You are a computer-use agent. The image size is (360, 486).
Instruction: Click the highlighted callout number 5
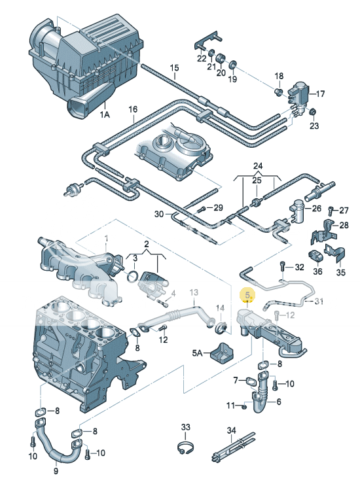point(248,295)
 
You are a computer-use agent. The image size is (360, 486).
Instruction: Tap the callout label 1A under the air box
point(105,114)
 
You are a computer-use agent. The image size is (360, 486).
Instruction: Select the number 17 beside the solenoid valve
point(320,94)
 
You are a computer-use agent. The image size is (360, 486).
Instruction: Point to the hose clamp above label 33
point(185,448)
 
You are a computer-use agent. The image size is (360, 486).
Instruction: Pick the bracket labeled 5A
point(223,352)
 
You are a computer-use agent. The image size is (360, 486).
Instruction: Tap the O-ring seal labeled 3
point(134,276)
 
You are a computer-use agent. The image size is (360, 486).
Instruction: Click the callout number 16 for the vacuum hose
point(133,109)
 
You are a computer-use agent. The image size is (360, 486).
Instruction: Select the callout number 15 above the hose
point(175,68)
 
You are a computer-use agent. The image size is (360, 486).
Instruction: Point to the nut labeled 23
point(314,111)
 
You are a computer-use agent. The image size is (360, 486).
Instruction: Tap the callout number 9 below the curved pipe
point(56,471)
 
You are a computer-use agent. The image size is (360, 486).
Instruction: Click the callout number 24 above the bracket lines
point(258,166)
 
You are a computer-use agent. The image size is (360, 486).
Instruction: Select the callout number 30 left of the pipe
point(159,214)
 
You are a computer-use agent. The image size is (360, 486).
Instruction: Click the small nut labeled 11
point(244,406)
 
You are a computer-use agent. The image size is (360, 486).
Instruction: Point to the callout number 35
point(340,273)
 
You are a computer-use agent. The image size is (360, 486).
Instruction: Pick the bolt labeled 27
point(331,211)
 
